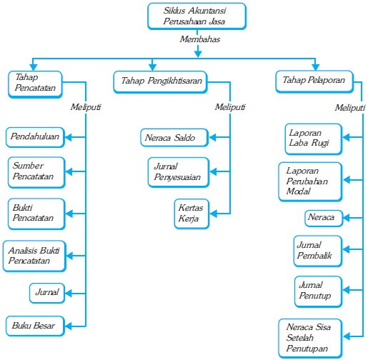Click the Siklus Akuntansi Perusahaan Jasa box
(x=197, y=16)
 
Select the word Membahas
(x=200, y=39)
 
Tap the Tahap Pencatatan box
(x=35, y=84)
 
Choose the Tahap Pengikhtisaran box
(x=160, y=82)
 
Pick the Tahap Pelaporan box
(x=314, y=81)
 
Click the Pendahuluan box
(x=35, y=137)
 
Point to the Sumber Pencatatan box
(x=36, y=172)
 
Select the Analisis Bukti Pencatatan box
(x=34, y=256)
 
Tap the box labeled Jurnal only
(x=47, y=293)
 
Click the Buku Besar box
(x=35, y=326)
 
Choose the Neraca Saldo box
(x=174, y=138)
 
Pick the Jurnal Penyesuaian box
(x=179, y=172)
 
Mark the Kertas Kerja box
(x=192, y=214)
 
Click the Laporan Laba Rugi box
(x=314, y=139)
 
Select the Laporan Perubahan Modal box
(x=310, y=181)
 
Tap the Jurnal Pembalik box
(x=318, y=251)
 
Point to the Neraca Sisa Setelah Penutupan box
(x=310, y=339)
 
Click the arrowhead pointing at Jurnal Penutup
(x=346, y=290)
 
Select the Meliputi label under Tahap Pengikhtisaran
(x=230, y=107)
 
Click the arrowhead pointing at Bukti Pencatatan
(x=69, y=214)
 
